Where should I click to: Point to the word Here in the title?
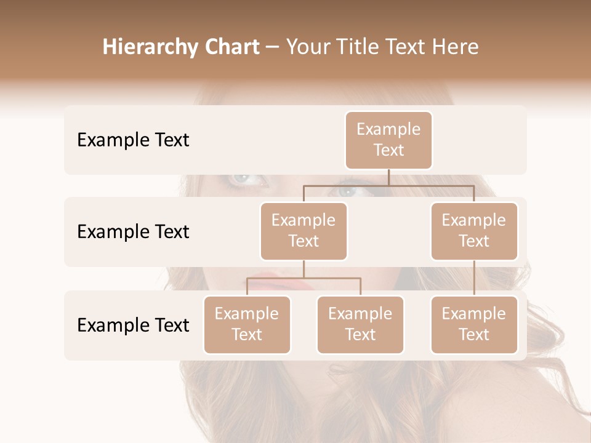tap(456, 47)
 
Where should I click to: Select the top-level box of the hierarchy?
tap(388, 140)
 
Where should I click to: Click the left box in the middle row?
tap(304, 231)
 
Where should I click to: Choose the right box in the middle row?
tap(474, 231)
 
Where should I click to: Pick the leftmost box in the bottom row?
tap(247, 324)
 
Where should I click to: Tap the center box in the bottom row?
tap(360, 324)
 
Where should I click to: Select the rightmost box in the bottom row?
tap(474, 324)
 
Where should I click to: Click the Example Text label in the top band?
tap(133, 140)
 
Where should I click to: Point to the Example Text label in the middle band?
tap(133, 231)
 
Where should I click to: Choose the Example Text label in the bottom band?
tap(133, 325)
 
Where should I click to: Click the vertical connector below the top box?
tap(388, 177)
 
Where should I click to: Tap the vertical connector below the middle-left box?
tap(304, 269)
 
